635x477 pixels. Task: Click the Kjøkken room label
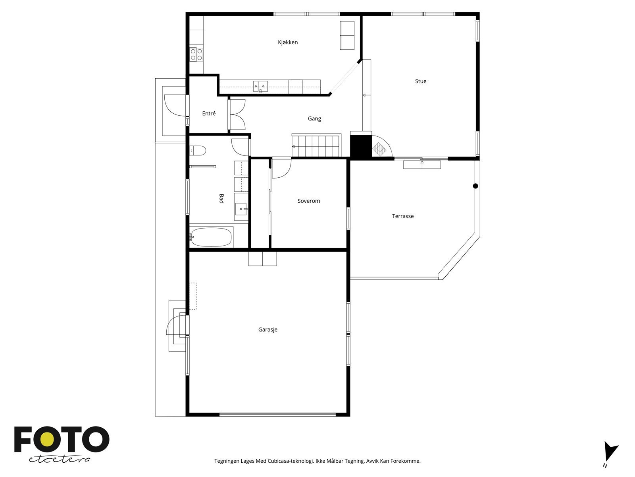tap(288, 42)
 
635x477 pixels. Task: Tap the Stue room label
tap(421, 81)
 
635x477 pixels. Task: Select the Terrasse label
tap(403, 216)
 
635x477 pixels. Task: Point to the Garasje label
tap(268, 330)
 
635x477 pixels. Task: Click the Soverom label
tap(309, 201)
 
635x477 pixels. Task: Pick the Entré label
tap(209, 114)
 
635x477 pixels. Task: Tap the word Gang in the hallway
tap(314, 118)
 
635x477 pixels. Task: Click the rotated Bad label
tap(221, 199)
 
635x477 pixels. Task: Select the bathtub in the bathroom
tap(211, 237)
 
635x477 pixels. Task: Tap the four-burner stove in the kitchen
tap(196, 54)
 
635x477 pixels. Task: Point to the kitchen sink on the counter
tap(261, 85)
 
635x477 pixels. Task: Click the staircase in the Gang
tap(316, 146)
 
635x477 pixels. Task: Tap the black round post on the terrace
tap(475, 186)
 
